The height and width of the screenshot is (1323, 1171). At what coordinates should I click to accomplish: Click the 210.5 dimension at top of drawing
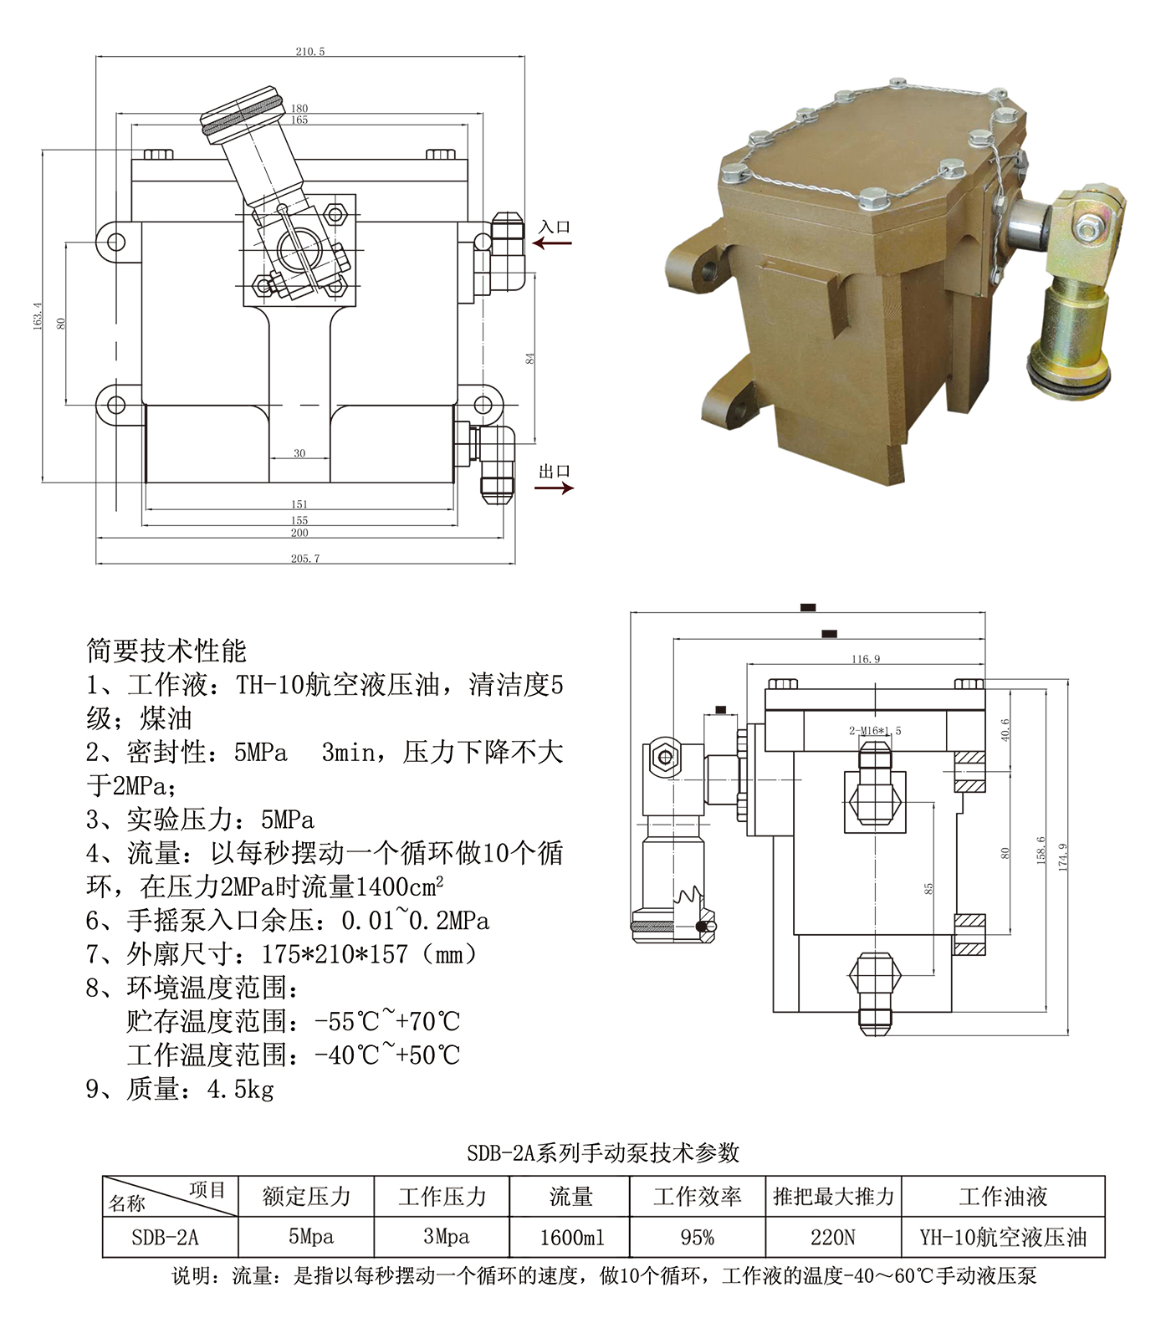pos(309,51)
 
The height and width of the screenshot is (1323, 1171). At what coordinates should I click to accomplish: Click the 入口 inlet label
pos(554,227)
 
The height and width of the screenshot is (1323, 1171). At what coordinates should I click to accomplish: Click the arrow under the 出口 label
pos(554,488)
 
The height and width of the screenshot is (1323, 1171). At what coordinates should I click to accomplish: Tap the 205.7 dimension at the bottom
pos(305,558)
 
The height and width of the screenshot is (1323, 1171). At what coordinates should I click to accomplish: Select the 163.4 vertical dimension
pos(37,316)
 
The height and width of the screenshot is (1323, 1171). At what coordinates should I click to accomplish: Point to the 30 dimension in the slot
pos(299,453)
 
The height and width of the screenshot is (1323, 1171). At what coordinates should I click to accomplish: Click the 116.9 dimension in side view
pos(866,659)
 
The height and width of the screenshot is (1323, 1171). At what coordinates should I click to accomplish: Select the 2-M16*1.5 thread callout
pos(875,730)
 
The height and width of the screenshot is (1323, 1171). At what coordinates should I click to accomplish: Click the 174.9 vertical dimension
pos(1062,858)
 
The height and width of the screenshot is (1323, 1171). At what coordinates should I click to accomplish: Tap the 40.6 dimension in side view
pos(1005,729)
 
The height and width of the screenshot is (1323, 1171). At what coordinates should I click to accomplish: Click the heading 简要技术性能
pos(166,651)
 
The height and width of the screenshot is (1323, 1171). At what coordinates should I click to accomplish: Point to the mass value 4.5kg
pos(241,1089)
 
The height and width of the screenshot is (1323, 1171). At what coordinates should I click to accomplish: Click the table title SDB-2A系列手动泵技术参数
pos(603,1152)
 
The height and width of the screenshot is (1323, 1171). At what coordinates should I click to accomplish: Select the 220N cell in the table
pos(833,1237)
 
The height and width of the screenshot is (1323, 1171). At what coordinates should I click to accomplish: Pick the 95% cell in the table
pos(697,1237)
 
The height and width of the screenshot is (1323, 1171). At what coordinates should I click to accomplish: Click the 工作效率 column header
pos(697,1197)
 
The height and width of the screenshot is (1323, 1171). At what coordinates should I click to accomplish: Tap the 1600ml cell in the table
pos(571,1237)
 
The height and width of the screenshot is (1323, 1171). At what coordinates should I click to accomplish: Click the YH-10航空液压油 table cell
pos(1003,1237)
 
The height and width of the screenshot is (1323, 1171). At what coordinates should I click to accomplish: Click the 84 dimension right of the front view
pos(529,358)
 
